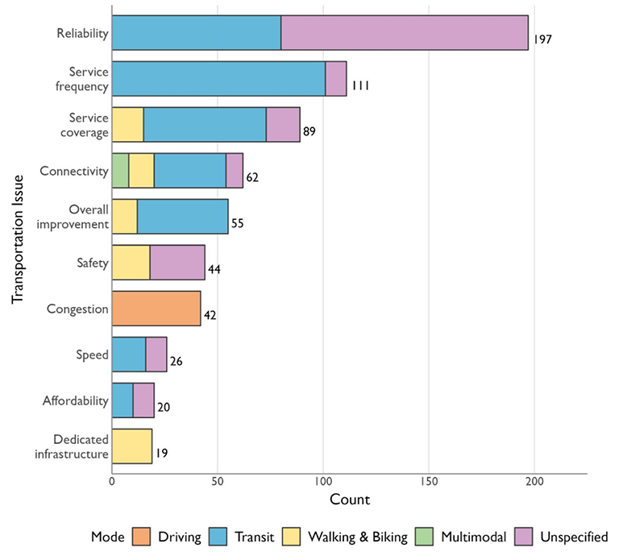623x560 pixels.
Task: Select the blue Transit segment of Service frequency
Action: coord(218,78)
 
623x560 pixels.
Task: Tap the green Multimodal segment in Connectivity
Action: coord(120,171)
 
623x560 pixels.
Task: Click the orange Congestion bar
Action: coord(156,309)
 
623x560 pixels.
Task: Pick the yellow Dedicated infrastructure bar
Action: coord(132,446)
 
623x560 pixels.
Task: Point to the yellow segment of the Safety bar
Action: coord(131,263)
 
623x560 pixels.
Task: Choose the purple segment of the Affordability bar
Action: coord(143,400)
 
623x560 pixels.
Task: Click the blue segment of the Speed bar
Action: coord(129,355)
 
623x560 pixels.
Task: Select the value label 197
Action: coord(542,39)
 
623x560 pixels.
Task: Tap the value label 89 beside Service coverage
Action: coord(309,131)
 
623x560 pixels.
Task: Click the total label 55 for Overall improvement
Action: coord(237,223)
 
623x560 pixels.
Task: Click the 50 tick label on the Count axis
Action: coord(218,482)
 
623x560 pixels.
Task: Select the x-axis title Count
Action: coord(350,500)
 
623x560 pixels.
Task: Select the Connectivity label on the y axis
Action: coord(73,171)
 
